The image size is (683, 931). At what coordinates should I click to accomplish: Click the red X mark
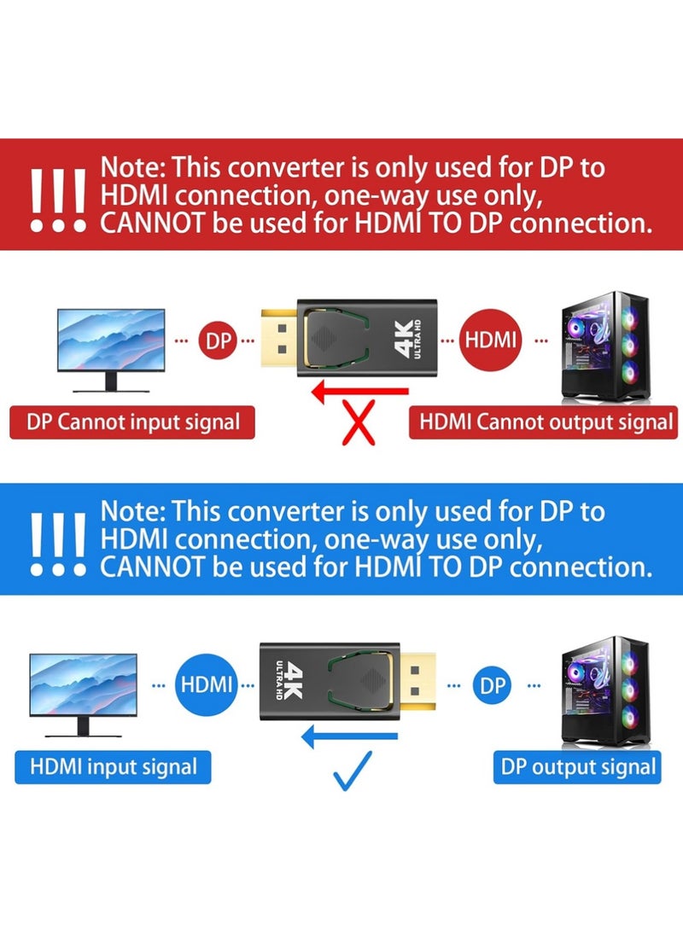359,423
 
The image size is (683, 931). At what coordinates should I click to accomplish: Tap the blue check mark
353,770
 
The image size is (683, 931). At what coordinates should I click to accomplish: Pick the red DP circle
217,340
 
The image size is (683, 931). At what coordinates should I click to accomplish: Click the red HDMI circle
491,340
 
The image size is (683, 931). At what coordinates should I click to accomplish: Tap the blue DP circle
492,686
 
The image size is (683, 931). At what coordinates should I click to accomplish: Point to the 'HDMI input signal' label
113,765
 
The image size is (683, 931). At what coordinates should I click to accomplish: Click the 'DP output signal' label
578,766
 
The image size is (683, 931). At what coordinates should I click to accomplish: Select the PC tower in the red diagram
604,347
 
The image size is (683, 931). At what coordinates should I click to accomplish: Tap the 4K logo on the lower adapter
290,678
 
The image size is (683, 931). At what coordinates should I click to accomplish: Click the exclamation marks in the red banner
57,201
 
